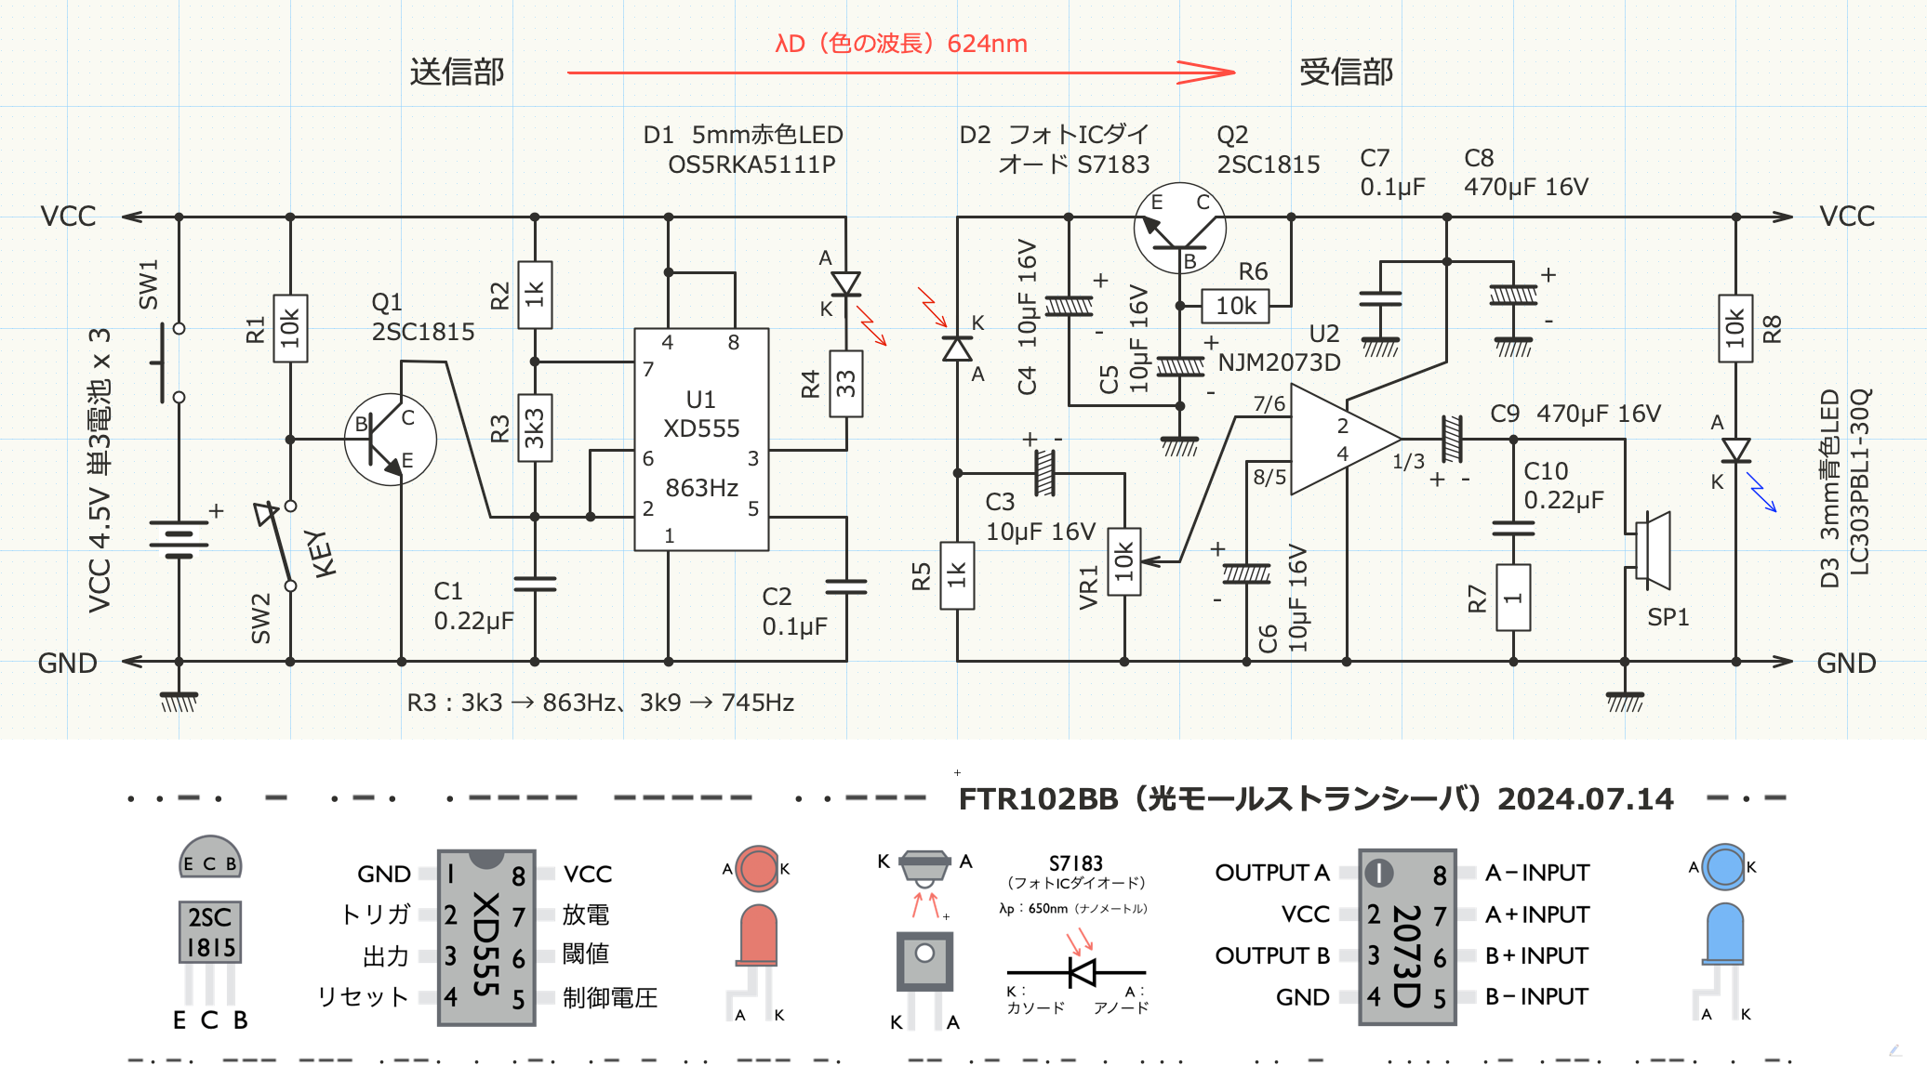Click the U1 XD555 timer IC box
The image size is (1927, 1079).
pyautogui.click(x=701, y=439)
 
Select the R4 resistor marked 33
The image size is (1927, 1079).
pyautogui.click(x=845, y=383)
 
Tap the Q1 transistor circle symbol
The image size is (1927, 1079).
pyautogui.click(x=391, y=440)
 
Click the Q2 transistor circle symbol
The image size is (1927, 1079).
pyautogui.click(x=1180, y=229)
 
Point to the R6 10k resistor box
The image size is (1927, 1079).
pyautogui.click(x=1235, y=306)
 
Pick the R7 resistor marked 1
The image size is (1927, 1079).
pyautogui.click(x=1513, y=598)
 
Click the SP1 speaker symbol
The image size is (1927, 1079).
pyautogui.click(x=1652, y=550)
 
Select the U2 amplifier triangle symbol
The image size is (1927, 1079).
pyautogui.click(x=1339, y=439)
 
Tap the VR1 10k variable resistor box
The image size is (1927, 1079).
pyautogui.click(x=1124, y=561)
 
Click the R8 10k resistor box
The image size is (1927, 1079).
pyautogui.click(x=1735, y=328)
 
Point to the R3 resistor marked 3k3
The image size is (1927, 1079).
pyautogui.click(x=535, y=428)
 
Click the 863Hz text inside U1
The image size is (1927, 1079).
pyautogui.click(x=701, y=488)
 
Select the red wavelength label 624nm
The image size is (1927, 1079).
pyautogui.click(x=987, y=44)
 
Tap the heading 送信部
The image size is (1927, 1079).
pyautogui.click(x=457, y=72)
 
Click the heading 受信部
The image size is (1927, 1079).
pyautogui.click(x=1346, y=72)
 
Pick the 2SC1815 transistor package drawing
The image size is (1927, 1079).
pyautogui.click(x=210, y=929)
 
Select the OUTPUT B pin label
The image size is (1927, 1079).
pyautogui.click(x=1271, y=955)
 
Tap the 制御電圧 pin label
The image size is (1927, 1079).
pyautogui.click(x=610, y=998)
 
